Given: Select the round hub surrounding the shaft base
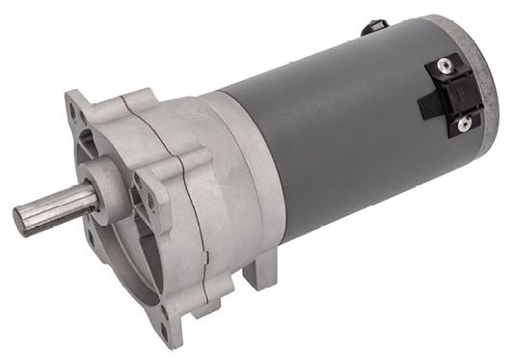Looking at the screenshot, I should tap(100, 184).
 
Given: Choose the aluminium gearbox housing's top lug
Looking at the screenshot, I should tap(135, 98).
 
